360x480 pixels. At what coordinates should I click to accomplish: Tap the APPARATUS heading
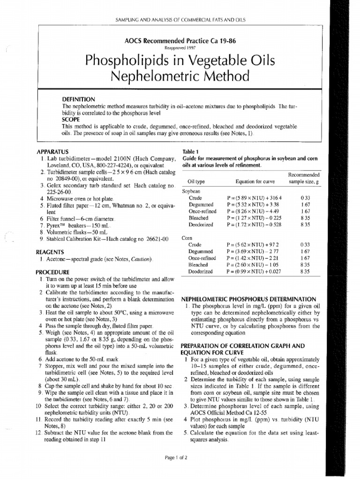(x=52, y=151)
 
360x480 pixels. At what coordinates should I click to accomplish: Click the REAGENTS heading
(x=50, y=252)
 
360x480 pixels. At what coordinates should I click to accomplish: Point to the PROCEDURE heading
(x=52, y=272)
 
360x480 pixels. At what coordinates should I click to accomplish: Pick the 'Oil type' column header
(x=196, y=182)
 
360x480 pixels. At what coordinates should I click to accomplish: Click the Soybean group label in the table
(x=191, y=191)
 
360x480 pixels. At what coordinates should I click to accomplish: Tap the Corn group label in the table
(x=187, y=238)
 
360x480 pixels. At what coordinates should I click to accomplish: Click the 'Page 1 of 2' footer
(x=180, y=457)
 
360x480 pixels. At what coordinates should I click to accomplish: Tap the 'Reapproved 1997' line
(x=180, y=47)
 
